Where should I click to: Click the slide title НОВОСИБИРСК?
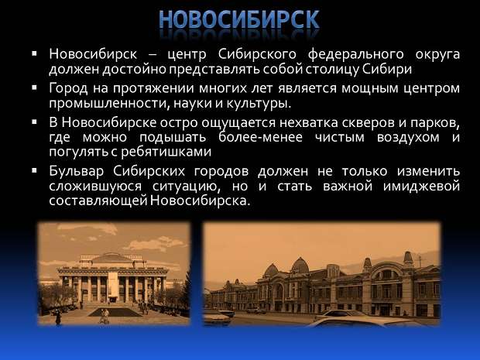pos(239,19)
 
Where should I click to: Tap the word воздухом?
pos(408,138)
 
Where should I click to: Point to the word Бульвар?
pos(77,171)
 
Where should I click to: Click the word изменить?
pos(428,171)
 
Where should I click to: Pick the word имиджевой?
pos(421,187)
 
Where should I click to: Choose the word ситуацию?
pos(187,187)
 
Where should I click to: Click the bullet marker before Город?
pos(34,88)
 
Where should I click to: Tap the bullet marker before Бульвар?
pos(34,170)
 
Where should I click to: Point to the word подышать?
pos(173,138)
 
